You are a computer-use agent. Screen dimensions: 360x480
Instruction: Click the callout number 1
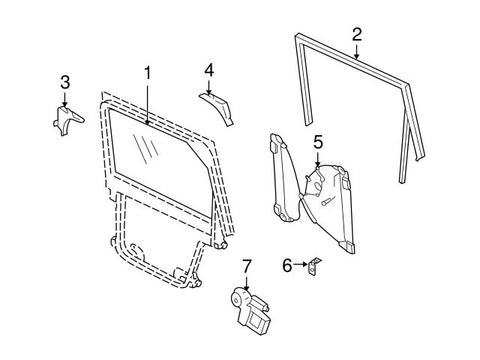click(148, 73)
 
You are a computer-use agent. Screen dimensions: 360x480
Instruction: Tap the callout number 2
click(357, 33)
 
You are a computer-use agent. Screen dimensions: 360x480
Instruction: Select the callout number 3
click(64, 81)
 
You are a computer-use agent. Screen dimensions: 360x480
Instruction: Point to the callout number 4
click(209, 70)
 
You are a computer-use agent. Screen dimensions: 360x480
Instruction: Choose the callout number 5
click(318, 140)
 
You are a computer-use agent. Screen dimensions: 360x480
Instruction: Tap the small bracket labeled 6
click(315, 266)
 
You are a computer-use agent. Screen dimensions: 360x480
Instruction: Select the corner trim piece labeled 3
click(66, 119)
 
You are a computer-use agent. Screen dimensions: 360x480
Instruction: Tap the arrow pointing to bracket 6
click(302, 264)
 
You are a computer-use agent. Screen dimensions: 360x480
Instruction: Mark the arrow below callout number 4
click(209, 86)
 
